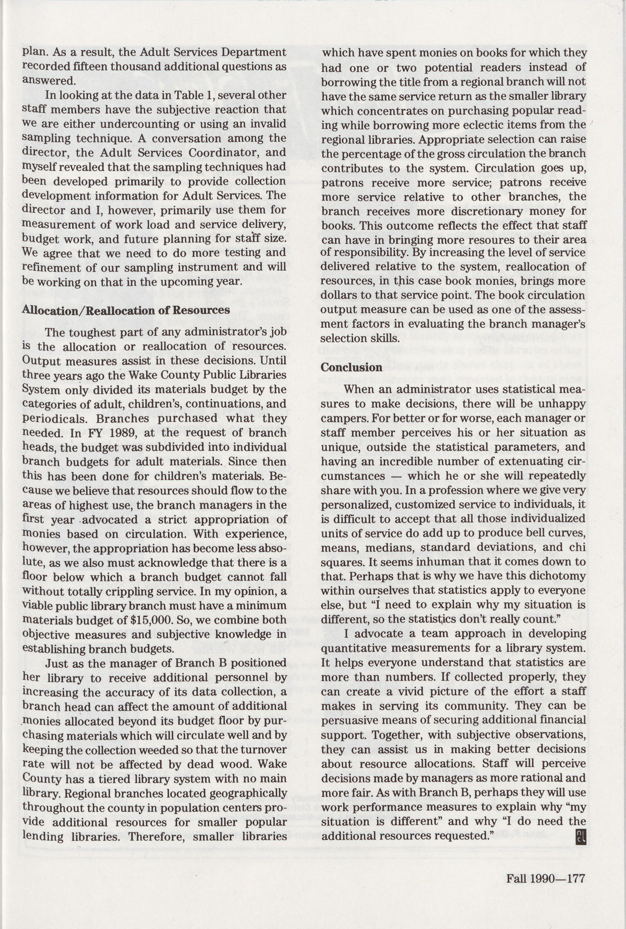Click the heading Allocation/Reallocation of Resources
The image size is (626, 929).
point(126,310)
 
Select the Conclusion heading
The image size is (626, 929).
point(351,367)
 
